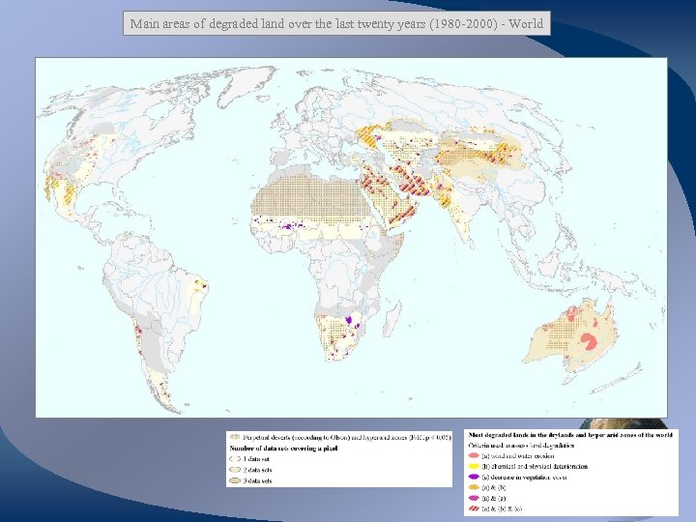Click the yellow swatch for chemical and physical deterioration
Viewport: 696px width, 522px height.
(x=474, y=467)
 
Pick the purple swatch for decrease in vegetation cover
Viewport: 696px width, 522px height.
(x=474, y=477)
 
